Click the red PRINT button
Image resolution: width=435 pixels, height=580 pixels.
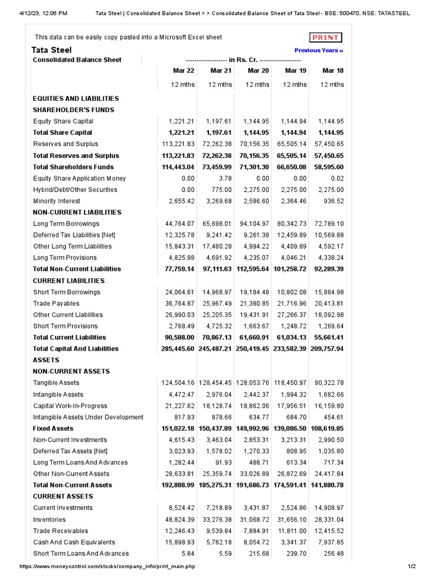click(326, 38)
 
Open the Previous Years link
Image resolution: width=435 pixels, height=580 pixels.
click(319, 50)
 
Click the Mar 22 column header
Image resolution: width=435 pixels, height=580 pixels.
click(184, 71)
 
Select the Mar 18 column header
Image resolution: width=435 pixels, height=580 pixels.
click(332, 71)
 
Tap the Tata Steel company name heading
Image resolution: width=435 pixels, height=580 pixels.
click(52, 50)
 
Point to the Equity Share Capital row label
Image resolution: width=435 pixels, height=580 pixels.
click(63, 121)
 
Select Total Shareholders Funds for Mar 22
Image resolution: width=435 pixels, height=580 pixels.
click(178, 167)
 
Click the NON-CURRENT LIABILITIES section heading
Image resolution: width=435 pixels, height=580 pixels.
click(77, 212)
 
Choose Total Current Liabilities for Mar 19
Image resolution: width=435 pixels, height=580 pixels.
click(292, 338)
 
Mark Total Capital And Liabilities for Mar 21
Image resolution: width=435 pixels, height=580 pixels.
click(215, 349)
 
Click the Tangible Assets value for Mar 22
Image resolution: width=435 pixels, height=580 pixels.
click(178, 383)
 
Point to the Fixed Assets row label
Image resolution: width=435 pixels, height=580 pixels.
click(53, 429)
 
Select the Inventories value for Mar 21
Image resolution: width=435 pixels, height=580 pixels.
click(217, 519)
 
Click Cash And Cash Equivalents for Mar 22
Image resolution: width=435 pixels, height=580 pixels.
click(180, 542)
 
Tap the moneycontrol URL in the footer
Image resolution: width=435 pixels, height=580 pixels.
click(107, 567)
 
